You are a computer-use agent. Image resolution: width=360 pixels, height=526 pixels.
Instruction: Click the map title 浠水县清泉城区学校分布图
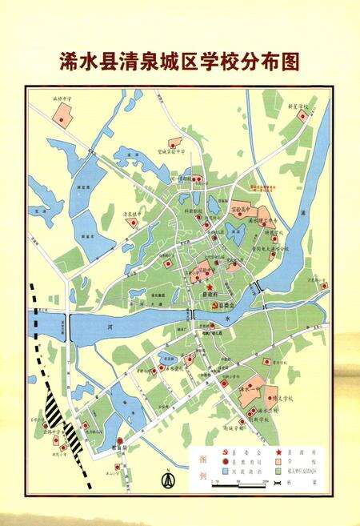pyautogui.click(x=180, y=62)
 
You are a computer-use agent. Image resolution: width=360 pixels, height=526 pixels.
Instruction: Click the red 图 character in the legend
pyautogui.click(x=200, y=462)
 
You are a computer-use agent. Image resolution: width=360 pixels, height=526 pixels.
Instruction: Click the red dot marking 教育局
pyautogui.click(x=119, y=441)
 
